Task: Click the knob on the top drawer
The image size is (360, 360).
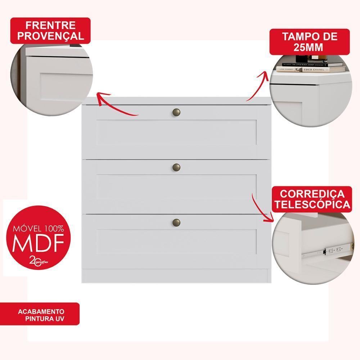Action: point(176,112)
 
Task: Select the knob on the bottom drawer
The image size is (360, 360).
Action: point(176,222)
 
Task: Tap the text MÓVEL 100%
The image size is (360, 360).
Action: point(39,229)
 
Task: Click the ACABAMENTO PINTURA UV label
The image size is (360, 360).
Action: point(41,314)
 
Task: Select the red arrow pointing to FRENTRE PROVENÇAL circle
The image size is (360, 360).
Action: point(115,106)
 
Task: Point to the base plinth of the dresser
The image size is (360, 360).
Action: point(176,275)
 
